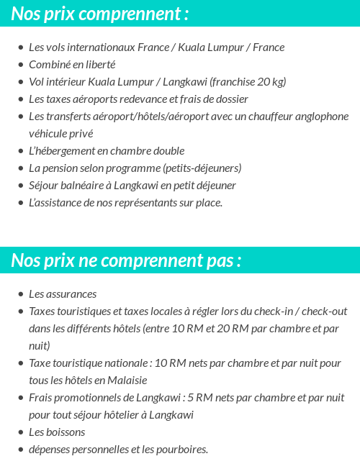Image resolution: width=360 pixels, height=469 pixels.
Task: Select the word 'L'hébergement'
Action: tap(59, 151)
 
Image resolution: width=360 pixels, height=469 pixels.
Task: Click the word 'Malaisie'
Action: tap(128, 381)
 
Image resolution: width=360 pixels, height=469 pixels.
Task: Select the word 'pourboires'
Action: tap(183, 450)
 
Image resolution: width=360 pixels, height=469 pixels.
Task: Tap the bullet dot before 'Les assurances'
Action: tap(20, 294)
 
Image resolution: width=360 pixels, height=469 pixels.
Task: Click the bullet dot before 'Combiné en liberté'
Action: tap(20, 65)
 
